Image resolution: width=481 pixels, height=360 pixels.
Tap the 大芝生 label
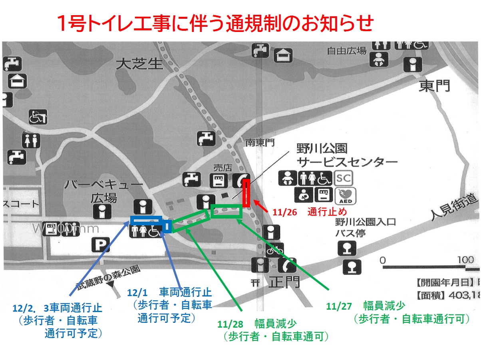point(140,64)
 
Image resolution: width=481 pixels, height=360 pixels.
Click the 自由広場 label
point(346,51)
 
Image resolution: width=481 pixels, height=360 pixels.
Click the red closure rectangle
point(246,193)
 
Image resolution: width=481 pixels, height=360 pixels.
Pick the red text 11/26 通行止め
point(310,211)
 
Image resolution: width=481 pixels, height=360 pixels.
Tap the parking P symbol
point(101,245)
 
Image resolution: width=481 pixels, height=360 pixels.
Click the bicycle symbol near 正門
point(274,250)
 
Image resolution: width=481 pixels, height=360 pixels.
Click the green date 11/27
point(339,306)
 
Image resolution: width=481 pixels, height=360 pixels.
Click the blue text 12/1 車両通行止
point(169,292)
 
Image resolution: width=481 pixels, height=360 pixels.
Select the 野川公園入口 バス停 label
point(366,228)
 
